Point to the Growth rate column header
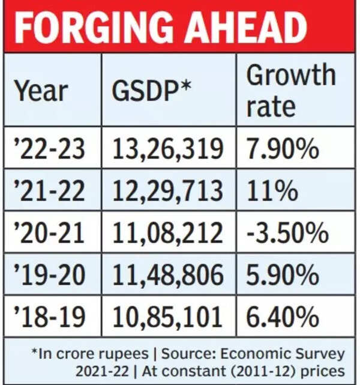click(x=291, y=90)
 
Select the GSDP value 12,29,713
click(x=169, y=192)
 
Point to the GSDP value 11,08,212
click(x=169, y=233)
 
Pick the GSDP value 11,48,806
click(x=169, y=274)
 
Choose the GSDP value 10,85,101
click(x=169, y=316)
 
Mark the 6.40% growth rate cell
click(x=283, y=316)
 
